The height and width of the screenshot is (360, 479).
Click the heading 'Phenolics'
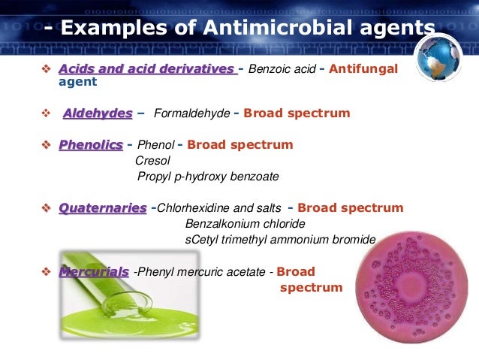(x=91, y=144)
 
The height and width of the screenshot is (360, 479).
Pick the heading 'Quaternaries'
(x=103, y=207)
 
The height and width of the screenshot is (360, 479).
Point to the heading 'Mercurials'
(x=94, y=271)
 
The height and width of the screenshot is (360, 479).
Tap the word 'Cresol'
(x=152, y=161)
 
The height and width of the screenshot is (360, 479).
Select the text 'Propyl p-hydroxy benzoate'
(x=208, y=177)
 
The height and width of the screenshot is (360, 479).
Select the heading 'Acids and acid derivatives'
(x=146, y=69)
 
